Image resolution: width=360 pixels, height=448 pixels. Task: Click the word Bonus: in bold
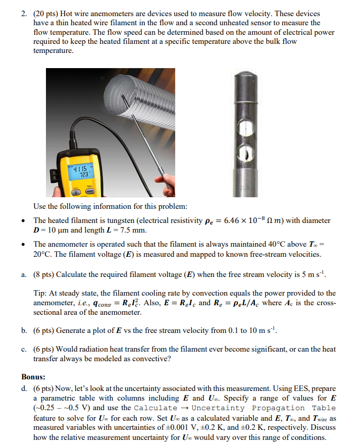[33, 377]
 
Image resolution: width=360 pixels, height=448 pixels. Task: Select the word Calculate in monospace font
[155, 408]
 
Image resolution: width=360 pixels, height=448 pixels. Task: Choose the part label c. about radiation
[24, 349]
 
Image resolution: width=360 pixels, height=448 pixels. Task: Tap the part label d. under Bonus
[24, 388]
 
